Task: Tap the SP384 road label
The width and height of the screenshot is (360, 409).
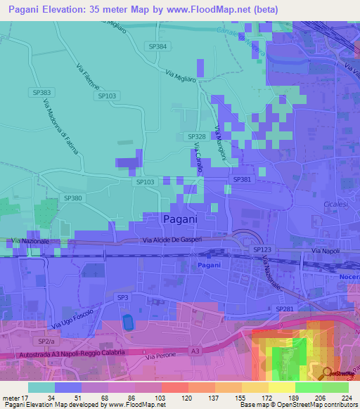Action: pyautogui.click(x=159, y=46)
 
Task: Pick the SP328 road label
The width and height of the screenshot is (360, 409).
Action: pyautogui.click(x=196, y=136)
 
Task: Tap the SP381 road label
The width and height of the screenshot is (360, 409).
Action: pyautogui.click(x=241, y=180)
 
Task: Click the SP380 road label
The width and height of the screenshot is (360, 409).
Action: pyautogui.click(x=73, y=199)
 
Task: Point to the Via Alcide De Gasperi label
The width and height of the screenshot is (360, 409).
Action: pyautogui.click(x=174, y=240)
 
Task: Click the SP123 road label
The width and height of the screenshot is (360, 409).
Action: pyautogui.click(x=262, y=250)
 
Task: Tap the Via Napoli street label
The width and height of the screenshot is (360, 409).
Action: pyautogui.click(x=325, y=251)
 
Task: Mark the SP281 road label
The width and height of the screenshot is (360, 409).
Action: pyautogui.click(x=284, y=309)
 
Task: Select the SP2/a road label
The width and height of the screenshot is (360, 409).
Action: pyautogui.click(x=46, y=341)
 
